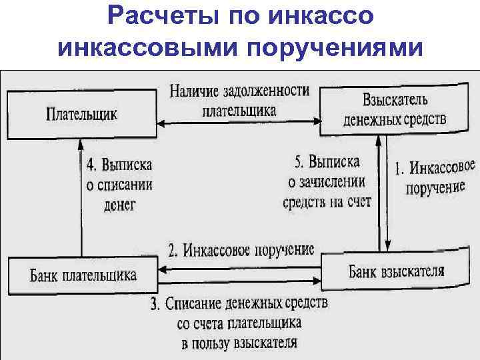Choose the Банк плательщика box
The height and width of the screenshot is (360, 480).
click(x=83, y=275)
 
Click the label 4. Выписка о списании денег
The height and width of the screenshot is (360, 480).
click(x=119, y=183)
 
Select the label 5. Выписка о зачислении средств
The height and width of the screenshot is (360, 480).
click(x=327, y=181)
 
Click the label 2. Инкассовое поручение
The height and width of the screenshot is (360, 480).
click(x=241, y=251)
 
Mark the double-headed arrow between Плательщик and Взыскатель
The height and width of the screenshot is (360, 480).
click(x=239, y=123)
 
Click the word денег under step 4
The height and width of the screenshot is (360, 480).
click(x=120, y=204)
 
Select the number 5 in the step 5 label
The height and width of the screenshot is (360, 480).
click(x=298, y=161)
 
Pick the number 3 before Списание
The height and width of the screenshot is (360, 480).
click(x=154, y=305)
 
